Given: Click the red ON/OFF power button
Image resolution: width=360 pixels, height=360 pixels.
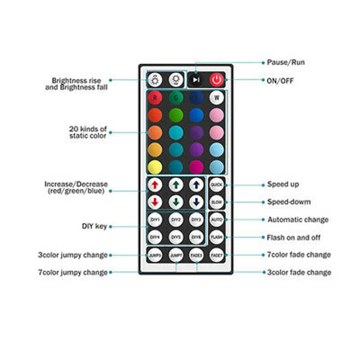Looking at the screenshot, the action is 216,80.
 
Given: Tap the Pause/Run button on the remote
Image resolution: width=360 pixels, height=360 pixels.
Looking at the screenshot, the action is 196,80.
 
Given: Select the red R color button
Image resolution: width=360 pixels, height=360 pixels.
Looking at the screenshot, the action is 155,97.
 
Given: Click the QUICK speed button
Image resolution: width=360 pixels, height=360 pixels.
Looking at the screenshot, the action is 216,184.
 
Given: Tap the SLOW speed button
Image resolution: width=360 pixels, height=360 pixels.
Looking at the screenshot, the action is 216,202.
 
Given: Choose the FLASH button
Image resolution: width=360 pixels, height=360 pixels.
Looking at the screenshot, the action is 216,237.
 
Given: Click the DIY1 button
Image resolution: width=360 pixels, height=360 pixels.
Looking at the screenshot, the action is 155,220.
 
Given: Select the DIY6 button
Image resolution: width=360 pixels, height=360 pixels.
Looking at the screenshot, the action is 196,237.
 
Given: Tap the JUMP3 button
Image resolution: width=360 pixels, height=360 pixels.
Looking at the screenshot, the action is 155,255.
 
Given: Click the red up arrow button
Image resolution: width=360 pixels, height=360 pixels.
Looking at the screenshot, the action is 155,184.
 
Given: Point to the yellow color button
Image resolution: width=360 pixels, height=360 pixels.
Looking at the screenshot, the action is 155,166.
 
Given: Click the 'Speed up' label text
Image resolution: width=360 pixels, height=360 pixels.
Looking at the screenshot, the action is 283,184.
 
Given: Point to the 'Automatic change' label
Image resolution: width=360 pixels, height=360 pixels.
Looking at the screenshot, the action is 298,220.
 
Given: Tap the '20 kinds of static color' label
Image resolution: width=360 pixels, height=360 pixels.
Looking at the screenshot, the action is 88,132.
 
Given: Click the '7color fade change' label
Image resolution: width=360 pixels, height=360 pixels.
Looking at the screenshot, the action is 299,255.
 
